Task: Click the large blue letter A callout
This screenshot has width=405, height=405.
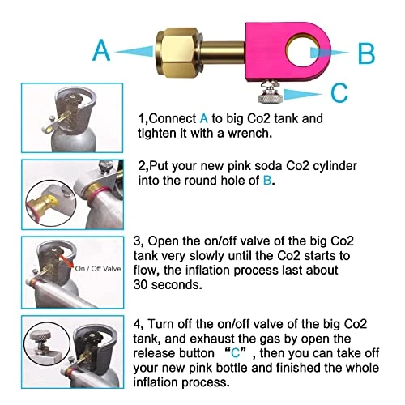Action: tap(101, 50)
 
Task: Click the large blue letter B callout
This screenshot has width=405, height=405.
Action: tap(366, 53)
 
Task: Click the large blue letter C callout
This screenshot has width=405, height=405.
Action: tap(339, 92)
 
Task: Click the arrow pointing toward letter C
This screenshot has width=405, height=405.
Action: tap(303, 94)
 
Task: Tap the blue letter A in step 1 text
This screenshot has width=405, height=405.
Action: tap(204, 118)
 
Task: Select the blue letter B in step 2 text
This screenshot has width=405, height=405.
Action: tap(267, 181)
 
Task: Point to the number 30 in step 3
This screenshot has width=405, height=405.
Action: tap(140, 284)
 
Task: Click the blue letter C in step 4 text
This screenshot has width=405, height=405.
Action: tap(235, 353)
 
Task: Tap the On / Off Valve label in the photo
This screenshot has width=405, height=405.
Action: tap(98, 269)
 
